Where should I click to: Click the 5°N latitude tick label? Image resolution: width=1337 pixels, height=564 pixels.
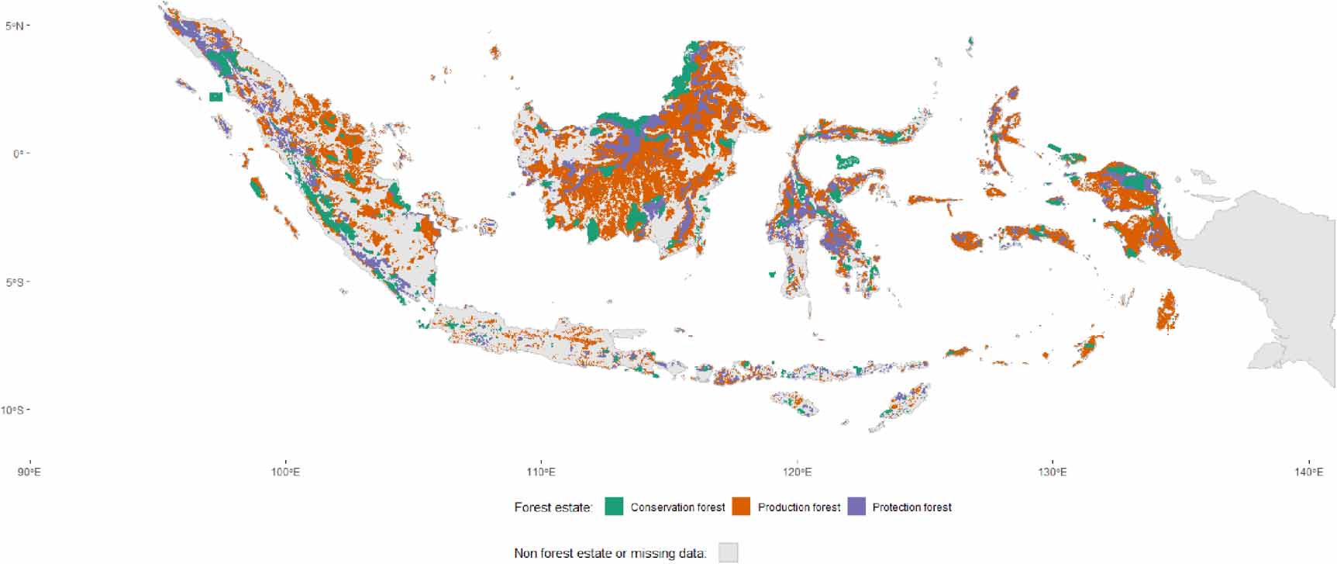(x=13, y=26)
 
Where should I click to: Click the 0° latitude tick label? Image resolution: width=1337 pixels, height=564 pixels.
(x=16, y=154)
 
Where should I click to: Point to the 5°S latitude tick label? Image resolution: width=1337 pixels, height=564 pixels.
(x=13, y=282)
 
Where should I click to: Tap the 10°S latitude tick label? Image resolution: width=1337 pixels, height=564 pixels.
(x=12, y=410)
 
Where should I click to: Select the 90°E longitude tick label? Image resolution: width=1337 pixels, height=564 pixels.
(x=29, y=472)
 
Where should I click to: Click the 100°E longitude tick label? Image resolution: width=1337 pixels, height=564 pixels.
(x=285, y=472)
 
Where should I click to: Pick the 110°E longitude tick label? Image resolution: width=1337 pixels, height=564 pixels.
(x=541, y=472)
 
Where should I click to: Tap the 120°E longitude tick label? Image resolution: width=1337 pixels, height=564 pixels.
(x=797, y=472)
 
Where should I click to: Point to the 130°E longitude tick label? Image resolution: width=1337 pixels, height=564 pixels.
(x=1052, y=472)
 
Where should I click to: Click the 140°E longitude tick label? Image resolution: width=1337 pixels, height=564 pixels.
(x=1308, y=472)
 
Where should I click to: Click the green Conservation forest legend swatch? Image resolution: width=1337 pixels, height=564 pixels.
(x=614, y=507)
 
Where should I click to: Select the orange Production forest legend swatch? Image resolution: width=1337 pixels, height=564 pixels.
(x=741, y=507)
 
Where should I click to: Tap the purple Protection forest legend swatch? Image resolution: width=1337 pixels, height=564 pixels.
(x=856, y=507)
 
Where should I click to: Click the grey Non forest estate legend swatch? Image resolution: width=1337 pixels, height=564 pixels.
(x=728, y=553)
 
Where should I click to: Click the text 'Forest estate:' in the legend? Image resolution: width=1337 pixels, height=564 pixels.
(x=553, y=507)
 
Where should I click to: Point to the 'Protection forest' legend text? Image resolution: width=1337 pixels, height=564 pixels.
(x=911, y=507)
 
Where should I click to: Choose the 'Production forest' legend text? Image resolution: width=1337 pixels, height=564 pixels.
(x=798, y=507)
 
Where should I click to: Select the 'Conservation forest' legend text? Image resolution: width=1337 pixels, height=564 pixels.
(x=677, y=507)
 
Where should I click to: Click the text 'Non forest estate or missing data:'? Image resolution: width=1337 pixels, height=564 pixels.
(x=610, y=553)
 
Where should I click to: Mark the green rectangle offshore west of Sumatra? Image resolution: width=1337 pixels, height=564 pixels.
(x=215, y=97)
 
